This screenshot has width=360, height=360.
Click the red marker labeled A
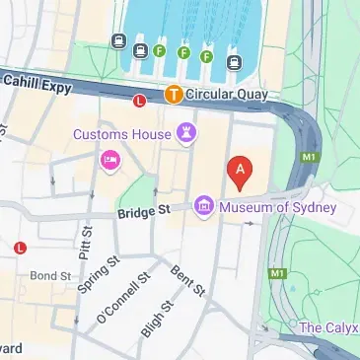click(238, 173)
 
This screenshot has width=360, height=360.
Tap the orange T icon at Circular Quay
click(173, 96)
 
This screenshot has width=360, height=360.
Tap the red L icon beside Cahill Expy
click(139, 100)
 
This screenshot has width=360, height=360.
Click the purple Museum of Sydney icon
click(204, 206)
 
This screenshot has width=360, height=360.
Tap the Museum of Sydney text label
click(278, 207)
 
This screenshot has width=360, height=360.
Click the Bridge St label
click(144, 211)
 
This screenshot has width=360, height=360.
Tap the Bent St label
click(187, 281)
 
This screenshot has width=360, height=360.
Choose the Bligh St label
click(154, 317)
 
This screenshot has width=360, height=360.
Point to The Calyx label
click(327, 326)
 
